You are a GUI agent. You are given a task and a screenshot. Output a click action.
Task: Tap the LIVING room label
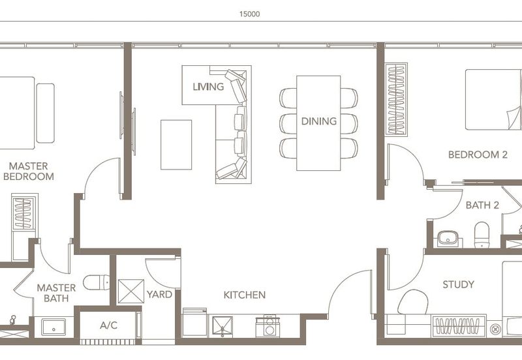point(208,86)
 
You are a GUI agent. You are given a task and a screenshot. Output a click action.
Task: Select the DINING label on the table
point(318,121)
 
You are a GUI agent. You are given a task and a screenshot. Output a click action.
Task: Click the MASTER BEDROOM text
point(28,171)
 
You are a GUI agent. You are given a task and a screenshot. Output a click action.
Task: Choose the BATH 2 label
point(482,205)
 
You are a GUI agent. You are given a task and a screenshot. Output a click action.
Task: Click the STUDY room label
point(458,284)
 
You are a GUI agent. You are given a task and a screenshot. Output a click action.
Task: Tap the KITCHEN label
point(244,295)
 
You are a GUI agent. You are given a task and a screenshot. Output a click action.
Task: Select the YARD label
point(159,294)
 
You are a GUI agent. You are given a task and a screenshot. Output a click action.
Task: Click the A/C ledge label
point(108,325)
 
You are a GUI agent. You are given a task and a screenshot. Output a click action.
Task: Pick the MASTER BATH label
point(56,293)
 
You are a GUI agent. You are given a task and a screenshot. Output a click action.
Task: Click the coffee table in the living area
point(176,145)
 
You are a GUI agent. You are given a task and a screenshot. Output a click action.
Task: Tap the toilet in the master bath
point(97,282)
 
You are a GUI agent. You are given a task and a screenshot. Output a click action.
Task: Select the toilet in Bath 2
point(482,235)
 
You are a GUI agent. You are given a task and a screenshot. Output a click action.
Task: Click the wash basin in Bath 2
point(448,238)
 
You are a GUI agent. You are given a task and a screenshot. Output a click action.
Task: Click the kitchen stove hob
point(269,325)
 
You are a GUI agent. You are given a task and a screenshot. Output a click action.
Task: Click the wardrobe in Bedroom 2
point(396,98)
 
